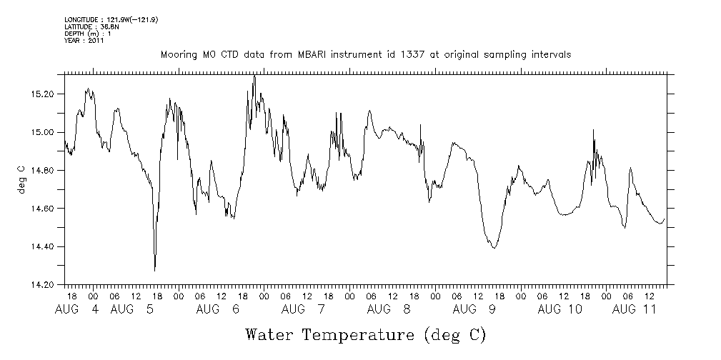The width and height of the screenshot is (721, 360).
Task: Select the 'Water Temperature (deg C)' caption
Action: pyautogui.click(x=365, y=334)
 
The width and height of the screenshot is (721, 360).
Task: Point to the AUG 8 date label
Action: pyautogui.click(x=389, y=309)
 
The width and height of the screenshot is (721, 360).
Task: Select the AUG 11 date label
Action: pyautogui.click(x=635, y=309)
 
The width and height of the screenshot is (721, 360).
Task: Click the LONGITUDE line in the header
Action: pyautogui.click(x=111, y=19)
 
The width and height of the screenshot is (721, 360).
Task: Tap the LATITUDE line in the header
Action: pyautogui.click(x=91, y=26)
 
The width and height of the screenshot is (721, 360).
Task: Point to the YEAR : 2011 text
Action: pyautogui.click(x=84, y=41)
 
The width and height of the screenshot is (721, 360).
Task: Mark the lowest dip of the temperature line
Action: pyautogui.click(x=154, y=270)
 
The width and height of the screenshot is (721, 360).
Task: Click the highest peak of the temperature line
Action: pyautogui.click(x=254, y=76)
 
